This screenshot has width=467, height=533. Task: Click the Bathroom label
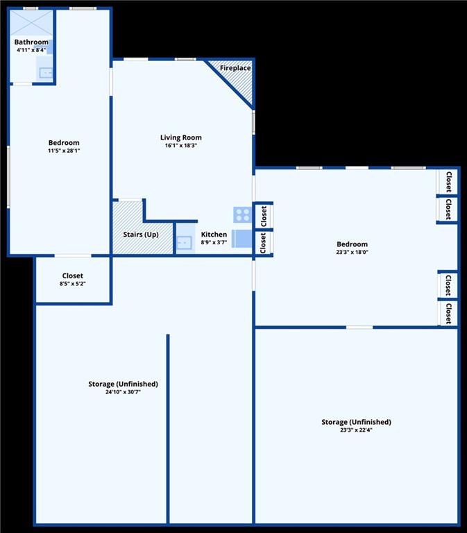[x=31, y=42]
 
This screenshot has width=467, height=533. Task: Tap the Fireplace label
[x=235, y=68]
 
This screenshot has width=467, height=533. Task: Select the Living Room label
[x=181, y=137]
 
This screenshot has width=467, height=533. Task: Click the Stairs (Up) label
[x=141, y=235]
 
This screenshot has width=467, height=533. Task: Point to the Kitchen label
[x=214, y=235]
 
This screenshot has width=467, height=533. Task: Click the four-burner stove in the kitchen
[x=243, y=215]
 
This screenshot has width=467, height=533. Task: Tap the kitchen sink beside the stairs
[x=184, y=243]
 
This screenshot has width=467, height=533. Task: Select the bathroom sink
[x=46, y=72]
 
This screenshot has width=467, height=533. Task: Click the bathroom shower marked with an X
[x=31, y=23]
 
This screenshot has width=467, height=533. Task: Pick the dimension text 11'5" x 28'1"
[x=64, y=151]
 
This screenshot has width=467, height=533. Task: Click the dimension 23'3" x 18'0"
[x=352, y=252]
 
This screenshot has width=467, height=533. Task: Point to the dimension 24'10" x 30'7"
[x=123, y=392]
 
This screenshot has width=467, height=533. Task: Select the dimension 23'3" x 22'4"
[x=356, y=430]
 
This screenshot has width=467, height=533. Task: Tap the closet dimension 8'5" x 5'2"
[x=73, y=284]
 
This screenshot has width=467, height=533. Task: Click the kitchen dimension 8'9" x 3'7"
[x=214, y=243]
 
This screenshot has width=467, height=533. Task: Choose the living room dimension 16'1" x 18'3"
[x=181, y=146]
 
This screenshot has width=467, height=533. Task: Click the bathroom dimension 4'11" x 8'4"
[x=31, y=50]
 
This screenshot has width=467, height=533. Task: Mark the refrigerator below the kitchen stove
[x=242, y=239]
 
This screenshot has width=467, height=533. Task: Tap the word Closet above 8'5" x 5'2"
[x=73, y=276]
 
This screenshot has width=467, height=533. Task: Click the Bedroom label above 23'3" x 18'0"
[x=352, y=244]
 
